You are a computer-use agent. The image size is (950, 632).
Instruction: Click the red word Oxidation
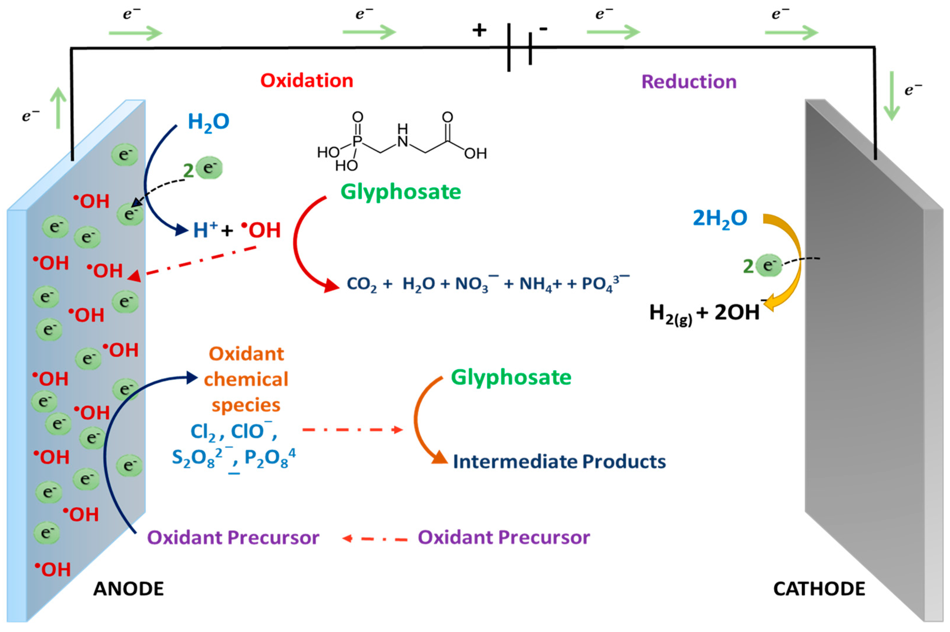(306, 80)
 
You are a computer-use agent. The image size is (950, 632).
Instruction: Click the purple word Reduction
(689, 82)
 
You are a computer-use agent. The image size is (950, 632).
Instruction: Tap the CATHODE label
(819, 589)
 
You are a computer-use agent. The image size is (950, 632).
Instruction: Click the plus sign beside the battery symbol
(479, 30)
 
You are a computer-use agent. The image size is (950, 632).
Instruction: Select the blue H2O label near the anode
(208, 122)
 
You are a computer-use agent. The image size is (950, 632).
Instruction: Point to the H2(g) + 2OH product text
(704, 313)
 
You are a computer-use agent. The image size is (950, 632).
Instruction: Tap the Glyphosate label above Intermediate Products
(511, 378)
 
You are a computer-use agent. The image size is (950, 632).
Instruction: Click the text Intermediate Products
(559, 461)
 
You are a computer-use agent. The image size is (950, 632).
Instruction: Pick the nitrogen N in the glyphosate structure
(402, 141)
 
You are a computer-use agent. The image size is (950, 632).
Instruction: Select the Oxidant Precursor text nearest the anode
(233, 537)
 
